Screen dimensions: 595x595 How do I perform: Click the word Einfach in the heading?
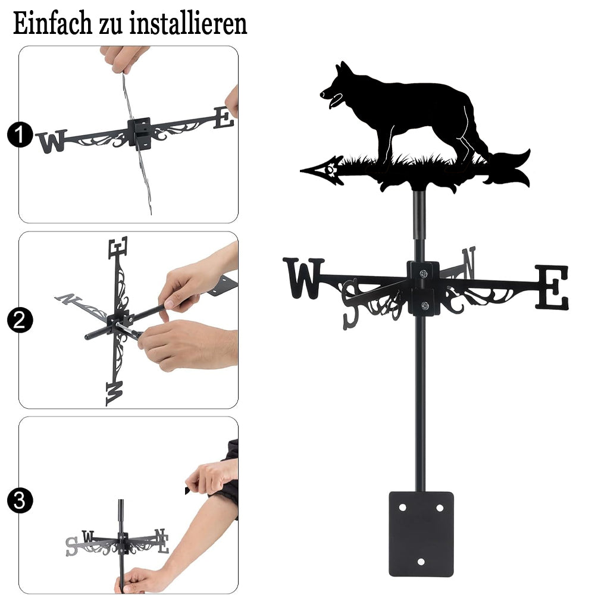pyautogui.click(x=52, y=23)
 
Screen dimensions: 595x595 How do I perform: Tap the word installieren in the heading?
pyautogui.click(x=188, y=23)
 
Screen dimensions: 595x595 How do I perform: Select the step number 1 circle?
pyautogui.click(x=20, y=134)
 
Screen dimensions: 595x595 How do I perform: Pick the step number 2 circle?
pyautogui.click(x=20, y=320)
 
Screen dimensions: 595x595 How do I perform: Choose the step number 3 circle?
pyautogui.click(x=20, y=500)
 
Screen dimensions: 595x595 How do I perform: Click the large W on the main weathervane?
pyautogui.click(x=303, y=278)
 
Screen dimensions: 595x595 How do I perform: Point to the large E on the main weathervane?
pyautogui.click(x=552, y=287)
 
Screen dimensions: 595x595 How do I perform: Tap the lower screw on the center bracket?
pyautogui.click(x=425, y=305)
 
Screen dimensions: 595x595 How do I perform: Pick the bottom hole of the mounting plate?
pyautogui.click(x=421, y=561)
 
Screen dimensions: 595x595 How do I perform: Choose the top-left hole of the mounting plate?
pyautogui.click(x=402, y=508)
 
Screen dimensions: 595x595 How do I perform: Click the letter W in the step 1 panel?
pyautogui.click(x=51, y=141)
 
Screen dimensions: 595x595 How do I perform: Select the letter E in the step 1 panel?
pyautogui.click(x=224, y=118)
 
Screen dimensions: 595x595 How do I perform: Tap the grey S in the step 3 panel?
pyautogui.click(x=71, y=547)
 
